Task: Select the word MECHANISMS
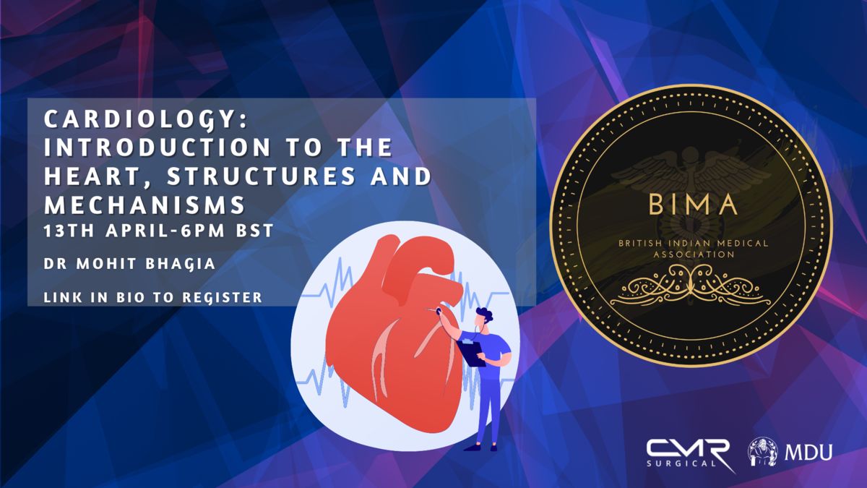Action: (144, 204)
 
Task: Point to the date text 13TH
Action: (69, 231)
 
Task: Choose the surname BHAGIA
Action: (181, 264)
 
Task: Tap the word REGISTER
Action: (223, 297)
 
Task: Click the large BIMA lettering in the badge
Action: (693, 205)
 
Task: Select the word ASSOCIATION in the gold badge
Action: (694, 254)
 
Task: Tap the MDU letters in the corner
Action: (808, 452)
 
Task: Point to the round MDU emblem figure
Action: (763, 452)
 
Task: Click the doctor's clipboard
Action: (471, 353)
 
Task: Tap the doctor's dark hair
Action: (486, 314)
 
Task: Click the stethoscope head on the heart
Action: (439, 310)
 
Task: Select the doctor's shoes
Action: (480, 448)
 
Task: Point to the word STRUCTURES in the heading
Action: (261, 176)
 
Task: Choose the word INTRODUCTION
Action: (158, 147)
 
